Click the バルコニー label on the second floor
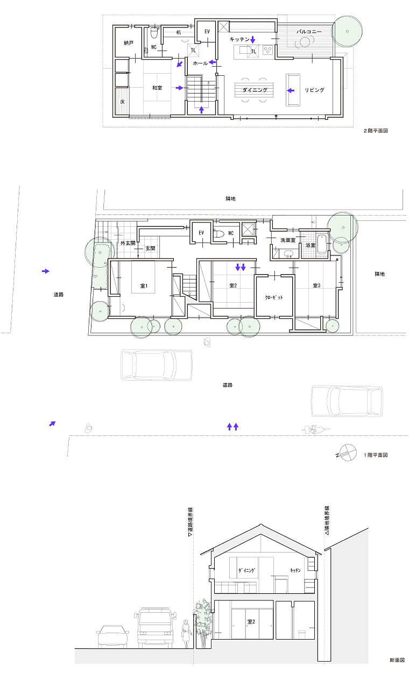[x=309, y=32]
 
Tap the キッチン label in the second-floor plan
[x=239, y=39]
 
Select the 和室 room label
[x=157, y=88]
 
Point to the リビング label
[x=314, y=90]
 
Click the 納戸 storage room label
[x=129, y=43]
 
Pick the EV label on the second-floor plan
[x=207, y=32]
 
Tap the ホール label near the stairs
[x=200, y=63]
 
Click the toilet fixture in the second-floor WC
[x=154, y=32]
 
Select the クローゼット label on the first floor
[x=274, y=297]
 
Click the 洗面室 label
[x=288, y=240]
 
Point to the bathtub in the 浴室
[x=322, y=244]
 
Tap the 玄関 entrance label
[x=150, y=248]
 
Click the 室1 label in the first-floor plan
[x=144, y=286]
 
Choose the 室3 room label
[x=316, y=285]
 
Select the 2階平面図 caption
[x=376, y=131]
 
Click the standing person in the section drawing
[x=185, y=635]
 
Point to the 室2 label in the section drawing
[x=251, y=622]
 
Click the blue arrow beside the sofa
[x=291, y=90]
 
